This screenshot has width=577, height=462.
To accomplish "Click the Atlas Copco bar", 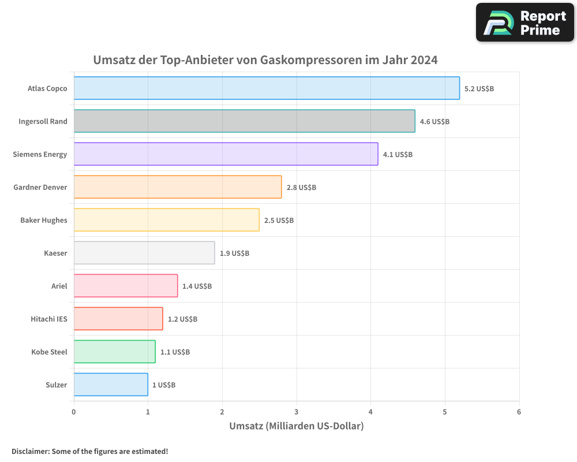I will point(267,88).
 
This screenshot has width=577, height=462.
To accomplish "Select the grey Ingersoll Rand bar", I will point(244,121).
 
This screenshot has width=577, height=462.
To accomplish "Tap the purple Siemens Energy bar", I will point(226,154).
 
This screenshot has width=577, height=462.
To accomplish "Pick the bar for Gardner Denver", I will point(178,187).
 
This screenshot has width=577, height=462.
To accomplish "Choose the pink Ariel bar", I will point(126,286).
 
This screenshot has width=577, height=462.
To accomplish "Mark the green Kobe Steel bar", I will point(114,352).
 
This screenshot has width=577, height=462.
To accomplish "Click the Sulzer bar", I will point(111,385).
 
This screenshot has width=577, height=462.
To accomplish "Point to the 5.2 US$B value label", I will point(479,89).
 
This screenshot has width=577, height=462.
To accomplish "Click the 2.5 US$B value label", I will point(279,221).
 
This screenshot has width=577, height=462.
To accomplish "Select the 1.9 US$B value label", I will point(234,254).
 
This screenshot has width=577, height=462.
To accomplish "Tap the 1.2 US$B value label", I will point(182,319).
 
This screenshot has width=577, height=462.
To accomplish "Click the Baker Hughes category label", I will point(44,221).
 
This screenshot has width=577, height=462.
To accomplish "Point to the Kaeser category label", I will point(55,254).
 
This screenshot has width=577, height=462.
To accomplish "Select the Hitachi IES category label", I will point(49,319).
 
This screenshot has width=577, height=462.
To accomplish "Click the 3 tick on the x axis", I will point(297,412).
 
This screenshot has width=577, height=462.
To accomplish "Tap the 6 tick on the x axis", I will point(519,412).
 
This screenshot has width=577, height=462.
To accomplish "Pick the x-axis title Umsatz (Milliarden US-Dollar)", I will point(297,427).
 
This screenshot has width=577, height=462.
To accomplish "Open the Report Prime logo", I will point(524,23).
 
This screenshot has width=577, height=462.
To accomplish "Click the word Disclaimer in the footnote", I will point(29,452).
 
